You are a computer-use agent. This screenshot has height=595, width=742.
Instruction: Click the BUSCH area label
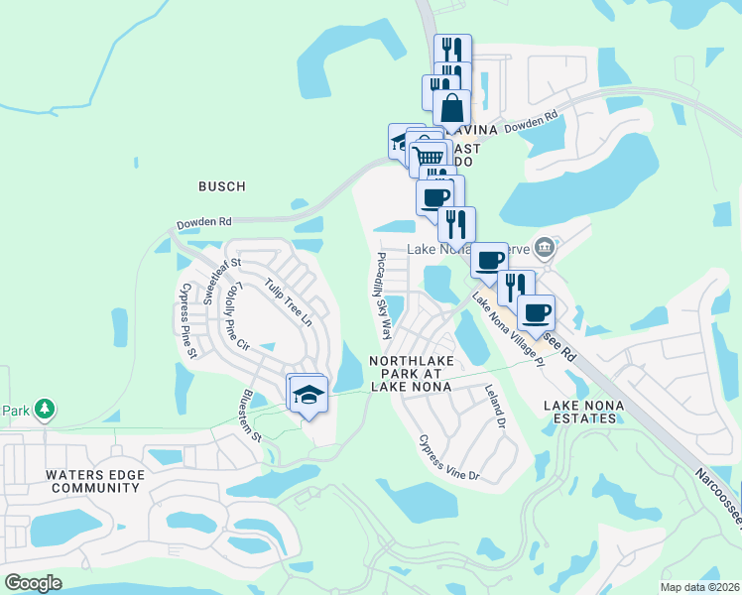(x=221, y=186)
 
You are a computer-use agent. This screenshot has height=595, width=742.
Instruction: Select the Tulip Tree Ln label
(x=288, y=302)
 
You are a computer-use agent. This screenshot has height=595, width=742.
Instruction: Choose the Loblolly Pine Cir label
(x=237, y=317)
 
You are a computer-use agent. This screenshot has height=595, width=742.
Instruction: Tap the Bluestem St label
(x=249, y=415)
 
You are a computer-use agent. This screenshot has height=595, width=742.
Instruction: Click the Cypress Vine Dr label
(x=448, y=457)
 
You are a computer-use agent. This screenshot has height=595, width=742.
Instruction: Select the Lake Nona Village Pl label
(x=509, y=331)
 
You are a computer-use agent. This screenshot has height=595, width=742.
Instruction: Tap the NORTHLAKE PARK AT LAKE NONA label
(x=411, y=374)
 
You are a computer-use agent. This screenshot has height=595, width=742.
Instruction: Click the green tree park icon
(x=44, y=408)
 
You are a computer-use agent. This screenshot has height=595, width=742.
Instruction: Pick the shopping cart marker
(x=429, y=157)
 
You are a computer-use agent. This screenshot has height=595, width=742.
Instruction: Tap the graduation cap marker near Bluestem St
(x=309, y=395)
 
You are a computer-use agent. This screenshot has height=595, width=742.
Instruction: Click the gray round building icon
(x=544, y=246)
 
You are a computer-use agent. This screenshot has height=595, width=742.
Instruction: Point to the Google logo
(x=33, y=583)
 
